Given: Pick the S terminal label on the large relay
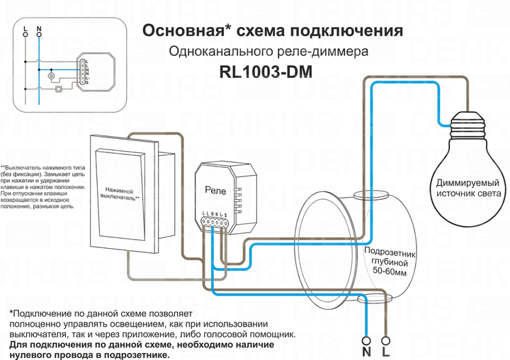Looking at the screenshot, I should [x=225, y=214].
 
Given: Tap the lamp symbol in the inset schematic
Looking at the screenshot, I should [x=50, y=75].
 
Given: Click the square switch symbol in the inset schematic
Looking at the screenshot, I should [x=58, y=89].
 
